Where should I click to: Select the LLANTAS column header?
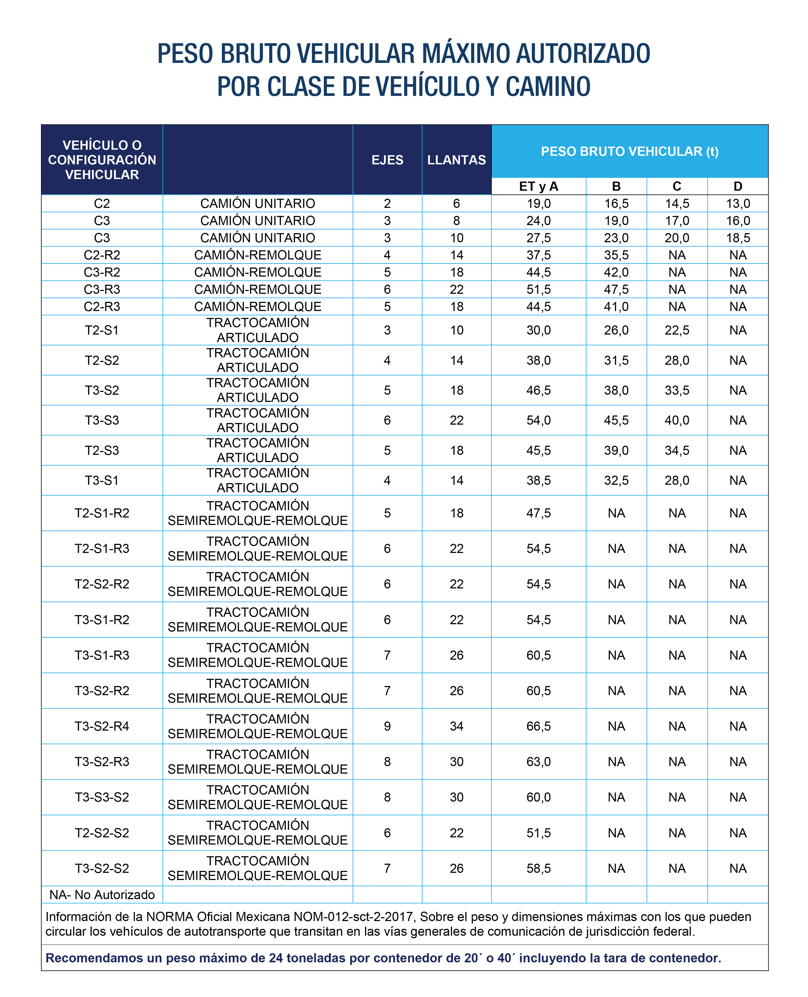[x=456, y=160]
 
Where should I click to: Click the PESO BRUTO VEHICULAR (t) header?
[x=629, y=151]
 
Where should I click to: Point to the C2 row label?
[x=102, y=203]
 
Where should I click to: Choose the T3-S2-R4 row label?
[x=102, y=726]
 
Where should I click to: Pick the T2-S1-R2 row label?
[x=102, y=513]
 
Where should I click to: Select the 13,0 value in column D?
[x=738, y=203]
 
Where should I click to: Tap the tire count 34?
[x=456, y=726]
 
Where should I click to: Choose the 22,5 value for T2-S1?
[x=677, y=330]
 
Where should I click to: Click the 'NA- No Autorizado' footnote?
[x=102, y=894]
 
